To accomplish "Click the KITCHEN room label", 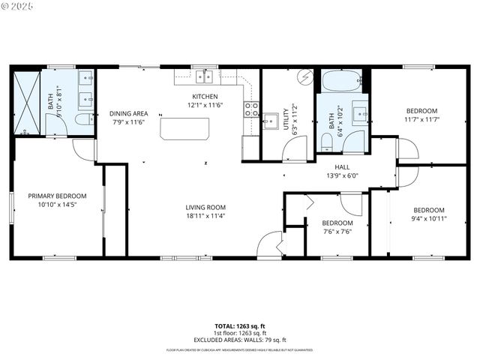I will (x=205, y=97).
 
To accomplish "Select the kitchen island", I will (x=184, y=128).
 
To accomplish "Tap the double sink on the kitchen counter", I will (x=204, y=76).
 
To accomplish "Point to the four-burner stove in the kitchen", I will (x=250, y=110).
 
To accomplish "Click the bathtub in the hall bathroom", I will (x=343, y=79).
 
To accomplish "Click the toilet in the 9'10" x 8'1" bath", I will (x=84, y=118).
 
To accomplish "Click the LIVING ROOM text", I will (x=205, y=207).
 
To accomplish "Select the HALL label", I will (x=341, y=167).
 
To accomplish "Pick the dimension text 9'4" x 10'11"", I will (x=429, y=218).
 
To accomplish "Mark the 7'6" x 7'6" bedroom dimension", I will (x=337, y=231).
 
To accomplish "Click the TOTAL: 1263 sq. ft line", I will (x=240, y=326).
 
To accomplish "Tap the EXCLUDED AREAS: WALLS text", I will (x=240, y=339).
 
